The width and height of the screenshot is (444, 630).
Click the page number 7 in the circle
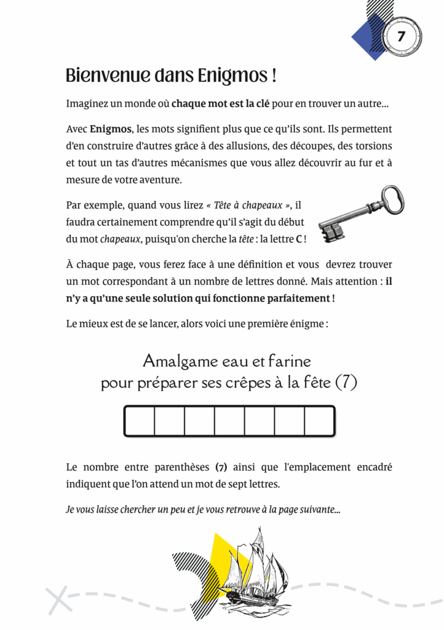(x=401, y=36)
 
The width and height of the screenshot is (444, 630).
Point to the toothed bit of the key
(x=331, y=231)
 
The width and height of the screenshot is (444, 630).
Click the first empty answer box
(x=140, y=421)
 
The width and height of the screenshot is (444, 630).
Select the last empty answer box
(x=320, y=421)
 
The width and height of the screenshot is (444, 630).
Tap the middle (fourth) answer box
(x=229, y=421)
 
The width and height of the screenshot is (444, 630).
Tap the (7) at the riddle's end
(x=346, y=383)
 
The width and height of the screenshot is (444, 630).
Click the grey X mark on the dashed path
(x=59, y=600)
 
